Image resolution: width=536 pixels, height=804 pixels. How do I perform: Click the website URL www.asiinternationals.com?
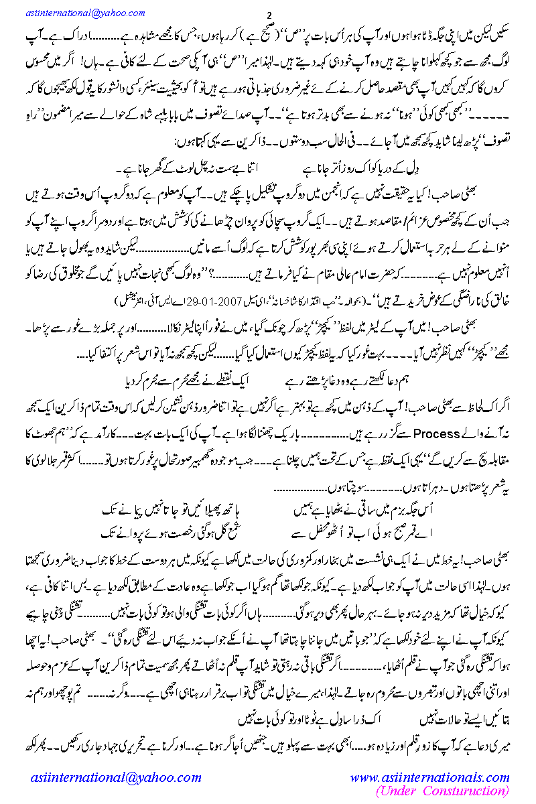(429, 777)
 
